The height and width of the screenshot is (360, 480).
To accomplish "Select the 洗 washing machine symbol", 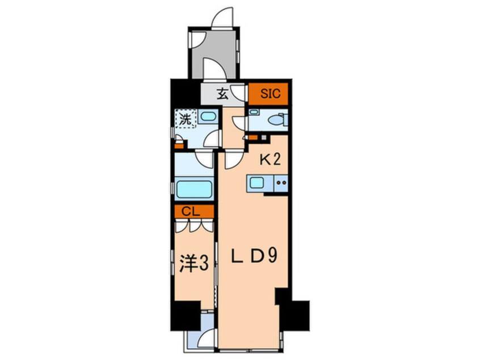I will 185,119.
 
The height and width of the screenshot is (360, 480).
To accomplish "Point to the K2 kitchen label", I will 270,160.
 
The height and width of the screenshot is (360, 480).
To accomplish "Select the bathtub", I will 194,189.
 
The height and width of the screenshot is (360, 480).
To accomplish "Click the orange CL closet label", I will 194,211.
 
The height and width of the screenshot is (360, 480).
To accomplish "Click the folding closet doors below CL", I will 194,225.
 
